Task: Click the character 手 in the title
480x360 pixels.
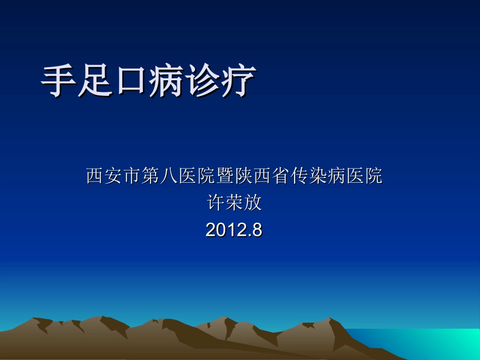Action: tap(59, 80)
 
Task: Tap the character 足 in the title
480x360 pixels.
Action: tap(94, 80)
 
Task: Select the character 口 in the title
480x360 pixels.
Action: tap(130, 80)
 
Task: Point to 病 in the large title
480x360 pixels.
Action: tap(166, 80)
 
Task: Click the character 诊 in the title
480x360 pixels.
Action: tap(202, 80)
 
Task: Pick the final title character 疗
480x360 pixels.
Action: tap(238, 80)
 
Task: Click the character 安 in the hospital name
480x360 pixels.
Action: tap(113, 176)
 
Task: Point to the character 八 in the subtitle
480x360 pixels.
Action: tap(169, 176)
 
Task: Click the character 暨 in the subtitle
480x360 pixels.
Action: tap(225, 176)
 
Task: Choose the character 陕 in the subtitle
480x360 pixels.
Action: tap(244, 176)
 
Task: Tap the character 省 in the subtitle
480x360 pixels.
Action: tap(281, 176)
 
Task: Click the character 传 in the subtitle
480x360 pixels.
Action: tap(300, 176)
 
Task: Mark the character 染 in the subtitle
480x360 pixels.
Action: tap(318, 176)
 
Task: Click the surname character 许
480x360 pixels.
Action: tap(216, 203)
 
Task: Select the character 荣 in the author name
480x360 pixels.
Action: tap(234, 203)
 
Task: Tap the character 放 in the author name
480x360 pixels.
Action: tap(253, 203)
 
